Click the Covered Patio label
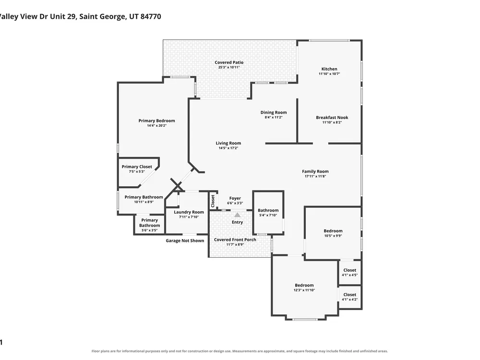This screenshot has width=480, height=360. click(229, 62)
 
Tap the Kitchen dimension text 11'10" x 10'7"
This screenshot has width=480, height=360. click(329, 74)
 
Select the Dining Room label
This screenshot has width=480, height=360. click(274, 112)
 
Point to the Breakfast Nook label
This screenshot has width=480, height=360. click(332, 118)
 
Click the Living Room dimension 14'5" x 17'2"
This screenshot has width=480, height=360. click(228, 148)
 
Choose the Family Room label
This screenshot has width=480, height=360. click(315, 171)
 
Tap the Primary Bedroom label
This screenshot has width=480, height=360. click(157, 120)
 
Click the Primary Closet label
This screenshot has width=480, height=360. click(137, 167)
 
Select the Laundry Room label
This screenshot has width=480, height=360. click(189, 212)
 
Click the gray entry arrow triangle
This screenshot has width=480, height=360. click(237, 215)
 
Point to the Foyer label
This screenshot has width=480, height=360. click(235, 198)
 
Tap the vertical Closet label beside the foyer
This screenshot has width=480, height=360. click(213, 201)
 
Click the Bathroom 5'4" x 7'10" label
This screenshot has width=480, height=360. click(268, 210)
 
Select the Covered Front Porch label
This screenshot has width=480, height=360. click(235, 240)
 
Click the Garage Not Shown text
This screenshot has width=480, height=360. click(185, 240)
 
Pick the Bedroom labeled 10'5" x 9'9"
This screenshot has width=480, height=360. click(333, 231)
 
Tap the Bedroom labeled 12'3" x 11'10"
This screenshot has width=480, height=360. click(304, 285)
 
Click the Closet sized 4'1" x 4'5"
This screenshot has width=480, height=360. click(349, 270)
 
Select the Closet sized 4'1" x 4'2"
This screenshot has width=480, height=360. click(349, 295)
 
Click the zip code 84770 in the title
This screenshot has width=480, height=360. click(151, 16)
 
